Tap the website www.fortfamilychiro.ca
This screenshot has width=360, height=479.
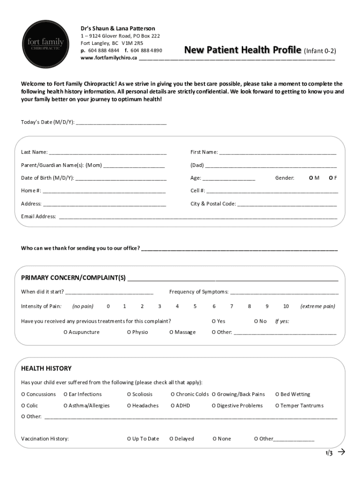click(108, 58)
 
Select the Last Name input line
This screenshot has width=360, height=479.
click(108, 152)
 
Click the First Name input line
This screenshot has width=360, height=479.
click(278, 152)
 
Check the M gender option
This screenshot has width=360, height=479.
click(311, 178)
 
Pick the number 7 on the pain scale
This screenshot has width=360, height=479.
click(231, 306)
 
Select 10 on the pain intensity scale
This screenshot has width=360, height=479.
click(286, 306)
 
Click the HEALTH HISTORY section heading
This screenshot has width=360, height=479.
click(46, 369)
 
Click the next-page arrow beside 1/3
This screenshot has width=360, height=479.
click(341, 452)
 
